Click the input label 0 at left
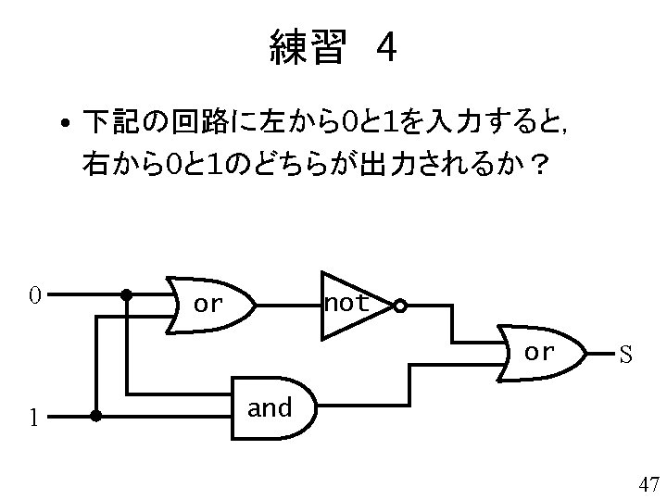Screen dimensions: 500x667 pos(33,296)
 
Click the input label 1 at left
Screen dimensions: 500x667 pos(32,418)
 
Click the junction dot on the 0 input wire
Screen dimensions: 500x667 pos(126,296)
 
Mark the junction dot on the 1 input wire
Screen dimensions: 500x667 pos(95,417)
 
